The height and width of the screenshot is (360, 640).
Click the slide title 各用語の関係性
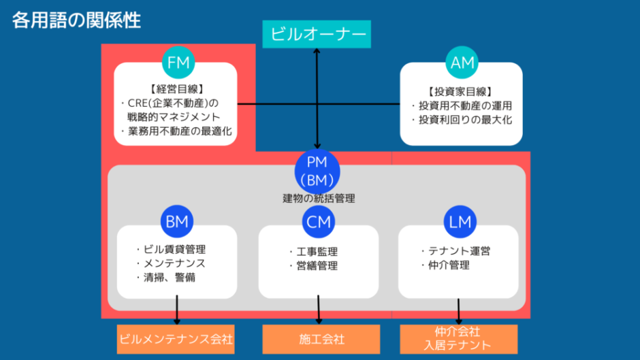tap(76, 20)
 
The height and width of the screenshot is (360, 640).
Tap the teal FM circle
tap(178, 63)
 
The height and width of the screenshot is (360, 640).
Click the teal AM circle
tap(463, 63)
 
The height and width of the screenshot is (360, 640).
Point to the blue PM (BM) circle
tap(317, 171)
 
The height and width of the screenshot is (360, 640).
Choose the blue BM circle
tap(177, 221)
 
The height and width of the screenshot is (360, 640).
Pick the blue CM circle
tap(318, 221)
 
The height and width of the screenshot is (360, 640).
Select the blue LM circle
tap(460, 221)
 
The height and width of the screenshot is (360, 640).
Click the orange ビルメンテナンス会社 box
tap(176, 338)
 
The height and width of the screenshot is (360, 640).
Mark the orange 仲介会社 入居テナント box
tap(457, 338)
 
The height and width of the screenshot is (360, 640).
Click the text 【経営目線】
tap(176, 89)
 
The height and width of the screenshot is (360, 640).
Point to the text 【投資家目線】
tap(460, 91)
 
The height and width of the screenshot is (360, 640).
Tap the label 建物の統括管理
tap(319, 199)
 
